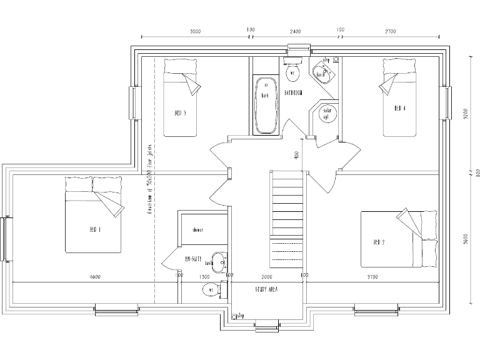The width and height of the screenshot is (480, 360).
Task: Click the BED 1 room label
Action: click(95, 230)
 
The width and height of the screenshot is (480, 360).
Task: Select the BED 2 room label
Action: click(378, 242)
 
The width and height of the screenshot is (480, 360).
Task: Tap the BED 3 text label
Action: click(180, 113)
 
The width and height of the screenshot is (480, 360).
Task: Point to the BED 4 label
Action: click(400, 108)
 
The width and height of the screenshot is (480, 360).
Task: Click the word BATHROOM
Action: click(293, 93)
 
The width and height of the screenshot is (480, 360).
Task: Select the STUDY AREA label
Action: click(266, 290)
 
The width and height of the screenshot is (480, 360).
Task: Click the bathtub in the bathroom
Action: click(265, 105)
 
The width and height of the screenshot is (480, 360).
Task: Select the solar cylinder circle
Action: click(326, 114)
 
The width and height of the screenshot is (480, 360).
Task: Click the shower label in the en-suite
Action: click(197, 230)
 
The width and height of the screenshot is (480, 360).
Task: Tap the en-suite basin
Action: click(218, 262)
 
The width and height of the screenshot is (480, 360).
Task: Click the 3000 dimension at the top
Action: click(196, 31)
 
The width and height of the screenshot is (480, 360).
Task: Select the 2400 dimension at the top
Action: click(295, 31)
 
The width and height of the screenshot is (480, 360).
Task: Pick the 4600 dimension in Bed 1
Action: click(96, 276)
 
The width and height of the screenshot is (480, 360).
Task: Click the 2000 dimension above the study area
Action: click(267, 276)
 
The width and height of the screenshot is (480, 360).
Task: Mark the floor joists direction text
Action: click(150, 181)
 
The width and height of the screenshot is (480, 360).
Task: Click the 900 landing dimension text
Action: click(296, 154)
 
